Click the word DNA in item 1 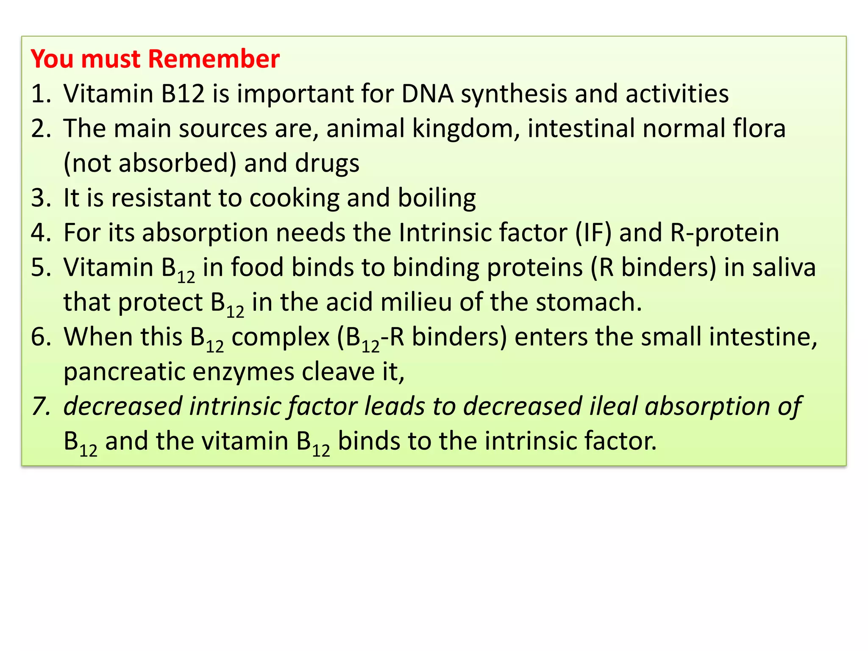pyautogui.click(x=427, y=93)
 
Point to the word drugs pyautogui.click(x=327, y=164)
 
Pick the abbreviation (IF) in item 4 pyautogui.click(x=593, y=233)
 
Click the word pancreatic pyautogui.click(x=124, y=372)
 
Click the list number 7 pyautogui.click(x=40, y=406)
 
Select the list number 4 pyautogui.click(x=40, y=233)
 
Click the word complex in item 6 pyautogui.click(x=280, y=337)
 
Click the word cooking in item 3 pyautogui.click(x=294, y=198)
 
